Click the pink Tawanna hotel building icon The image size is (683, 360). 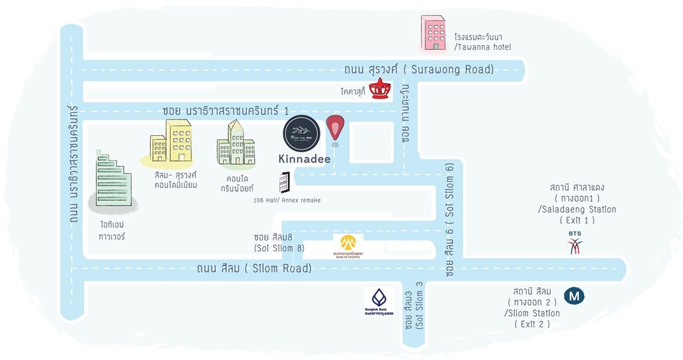pyautogui.click(x=434, y=33)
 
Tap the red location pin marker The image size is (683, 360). pyautogui.click(x=335, y=129)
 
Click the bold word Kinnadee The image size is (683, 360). pyautogui.click(x=305, y=159)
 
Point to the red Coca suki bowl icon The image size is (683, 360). pyautogui.click(x=380, y=88)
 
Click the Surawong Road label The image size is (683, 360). pyautogui.click(x=419, y=70)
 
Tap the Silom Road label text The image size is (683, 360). pyautogui.click(x=253, y=268)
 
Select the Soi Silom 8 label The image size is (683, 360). pyautogui.click(x=279, y=242)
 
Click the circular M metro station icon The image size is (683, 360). pyautogui.click(x=575, y=296)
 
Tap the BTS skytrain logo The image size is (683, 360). pyautogui.click(x=574, y=243)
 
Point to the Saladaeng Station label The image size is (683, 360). pyautogui.click(x=576, y=204)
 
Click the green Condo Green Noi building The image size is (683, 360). pyautogui.click(x=235, y=145)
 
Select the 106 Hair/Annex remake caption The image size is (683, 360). pyautogui.click(x=287, y=200)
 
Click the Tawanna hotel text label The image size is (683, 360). pyautogui.click(x=482, y=42)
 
